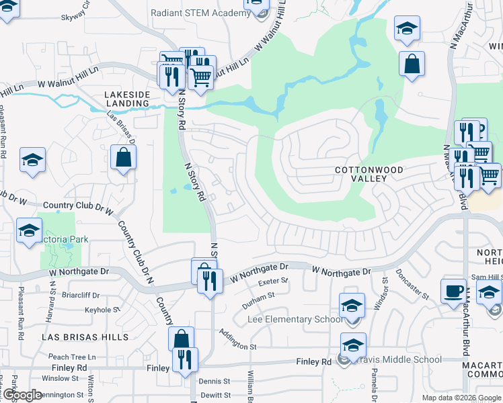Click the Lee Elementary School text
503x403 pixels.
tap(296, 319)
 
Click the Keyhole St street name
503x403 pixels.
tap(102, 310)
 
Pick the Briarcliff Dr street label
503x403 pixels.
tap(81, 295)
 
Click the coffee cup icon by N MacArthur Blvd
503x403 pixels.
tap(454, 290)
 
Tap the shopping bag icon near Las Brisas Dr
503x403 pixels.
tap(124, 158)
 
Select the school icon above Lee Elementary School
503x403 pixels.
tap(351, 306)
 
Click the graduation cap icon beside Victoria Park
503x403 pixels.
tap(29, 230)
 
